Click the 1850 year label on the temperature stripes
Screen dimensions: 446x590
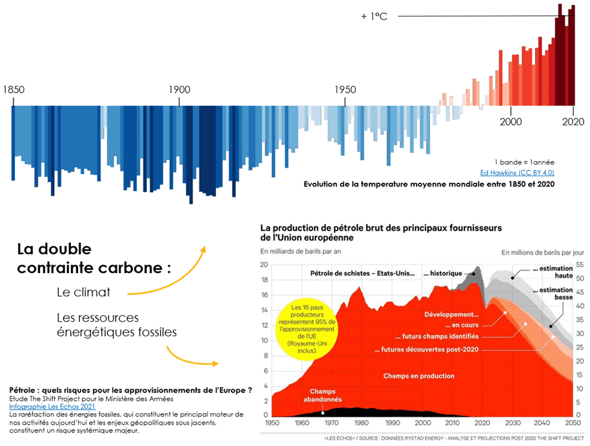click(14, 89)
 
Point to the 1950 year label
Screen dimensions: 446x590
click(345, 89)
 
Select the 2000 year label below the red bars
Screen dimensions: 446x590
click(510, 121)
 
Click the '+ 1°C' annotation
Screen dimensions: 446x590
click(374, 16)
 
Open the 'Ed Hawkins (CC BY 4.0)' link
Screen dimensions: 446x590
click(517, 172)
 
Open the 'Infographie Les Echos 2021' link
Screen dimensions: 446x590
click(52, 407)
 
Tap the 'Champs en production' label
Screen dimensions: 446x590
click(418, 376)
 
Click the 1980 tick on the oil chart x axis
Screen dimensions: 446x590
click(361, 423)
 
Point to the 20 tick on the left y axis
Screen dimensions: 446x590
click(263, 265)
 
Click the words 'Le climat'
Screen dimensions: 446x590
click(83, 292)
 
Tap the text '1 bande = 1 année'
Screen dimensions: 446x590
click(524, 161)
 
